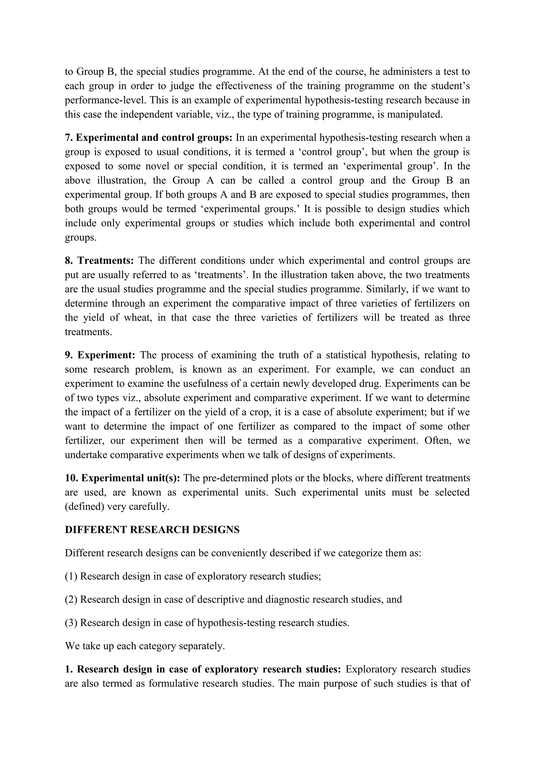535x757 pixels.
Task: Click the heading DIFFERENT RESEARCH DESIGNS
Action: (152, 529)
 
